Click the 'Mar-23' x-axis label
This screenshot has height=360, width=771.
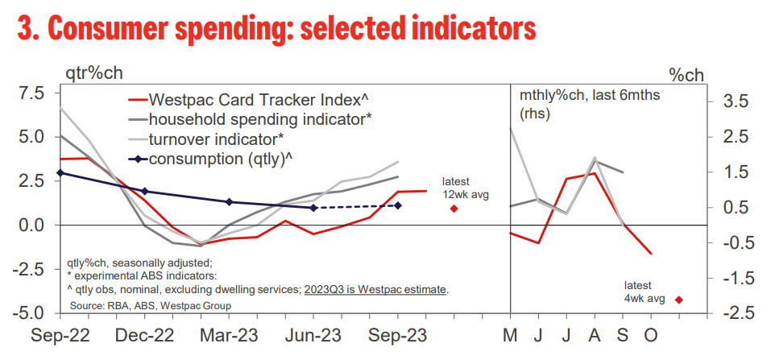click(x=229, y=336)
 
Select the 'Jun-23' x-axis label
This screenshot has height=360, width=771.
click(x=313, y=336)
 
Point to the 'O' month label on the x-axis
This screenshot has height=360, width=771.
click(x=651, y=336)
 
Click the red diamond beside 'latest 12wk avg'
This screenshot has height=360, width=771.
click(x=454, y=209)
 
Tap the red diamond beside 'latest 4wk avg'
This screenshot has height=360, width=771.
click(x=679, y=300)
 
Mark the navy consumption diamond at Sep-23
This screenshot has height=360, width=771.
click(x=398, y=205)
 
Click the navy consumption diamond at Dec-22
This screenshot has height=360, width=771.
click(x=144, y=192)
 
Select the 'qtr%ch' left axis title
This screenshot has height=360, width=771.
click(x=94, y=74)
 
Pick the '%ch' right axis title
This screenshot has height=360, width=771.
click(x=686, y=75)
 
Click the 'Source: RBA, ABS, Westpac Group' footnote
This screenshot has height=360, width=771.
click(x=151, y=306)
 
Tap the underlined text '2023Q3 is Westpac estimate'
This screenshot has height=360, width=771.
click(x=375, y=289)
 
